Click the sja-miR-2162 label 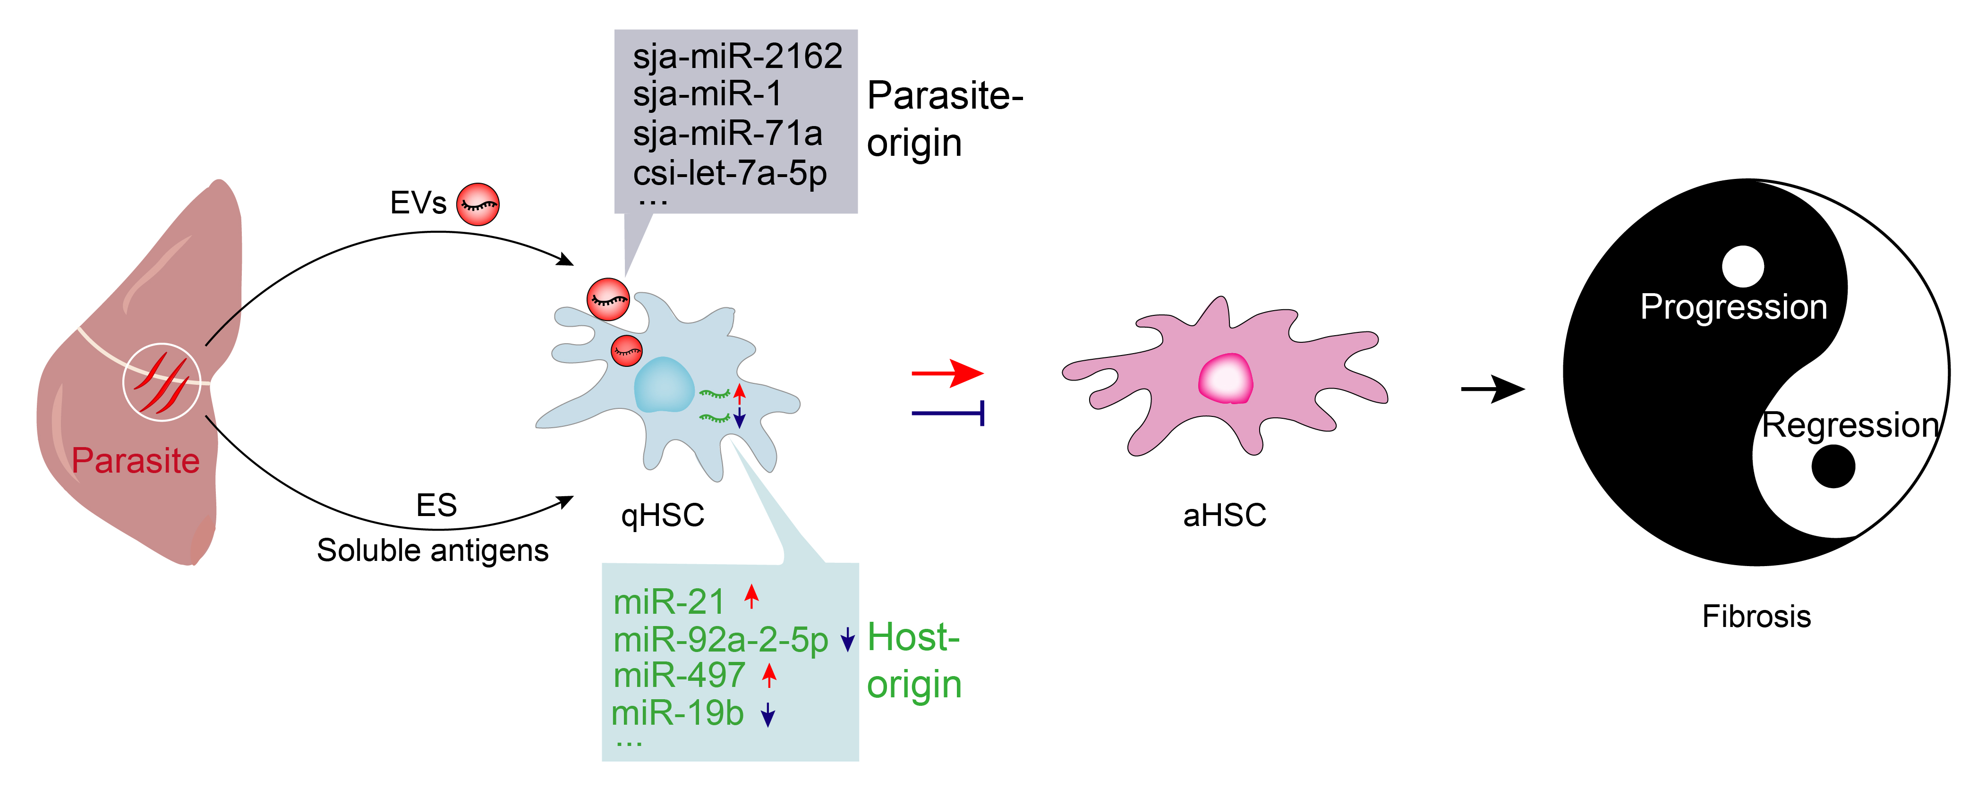click(x=737, y=57)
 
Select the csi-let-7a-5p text click(x=729, y=173)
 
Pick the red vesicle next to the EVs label click(x=477, y=204)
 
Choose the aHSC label click(x=1224, y=515)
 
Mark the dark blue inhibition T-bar click(x=948, y=413)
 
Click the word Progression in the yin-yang click(x=1733, y=307)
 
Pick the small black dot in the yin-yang click(x=1833, y=466)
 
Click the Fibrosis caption click(x=1756, y=617)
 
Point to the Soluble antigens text click(x=432, y=550)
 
